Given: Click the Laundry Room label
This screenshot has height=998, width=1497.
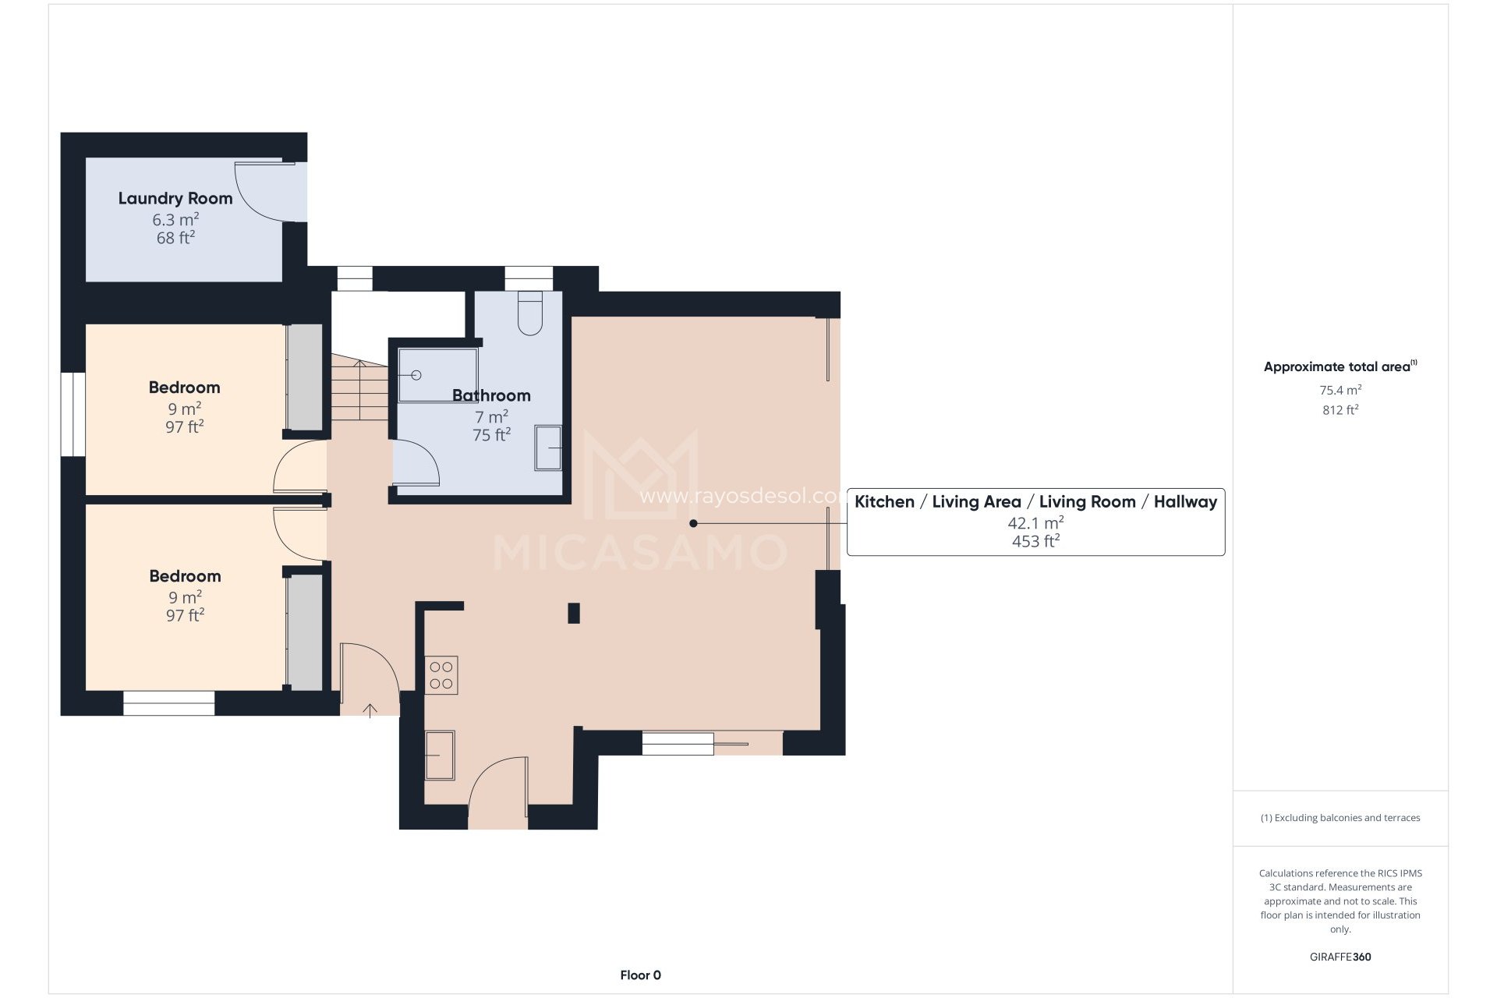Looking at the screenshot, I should tap(175, 199).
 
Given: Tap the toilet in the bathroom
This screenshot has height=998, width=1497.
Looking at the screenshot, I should tap(530, 314).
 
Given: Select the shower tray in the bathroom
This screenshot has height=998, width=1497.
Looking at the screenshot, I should tap(437, 375).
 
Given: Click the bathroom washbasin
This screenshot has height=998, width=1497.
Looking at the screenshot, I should tap(548, 448).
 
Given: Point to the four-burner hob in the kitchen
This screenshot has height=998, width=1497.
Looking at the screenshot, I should tap(441, 675).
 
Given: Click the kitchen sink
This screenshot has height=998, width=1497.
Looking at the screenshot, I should tap(440, 755).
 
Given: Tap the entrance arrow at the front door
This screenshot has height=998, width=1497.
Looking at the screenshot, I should tap(370, 710).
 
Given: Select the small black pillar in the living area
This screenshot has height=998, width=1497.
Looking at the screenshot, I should tap(574, 613).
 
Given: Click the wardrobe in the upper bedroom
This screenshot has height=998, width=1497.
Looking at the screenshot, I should tap(305, 377).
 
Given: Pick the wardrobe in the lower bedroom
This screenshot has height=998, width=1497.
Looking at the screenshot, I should tap(305, 632).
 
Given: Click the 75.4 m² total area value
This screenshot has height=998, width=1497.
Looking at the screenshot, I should tap(1340, 390).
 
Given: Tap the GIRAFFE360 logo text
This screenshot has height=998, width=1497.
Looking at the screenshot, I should tap(1340, 957).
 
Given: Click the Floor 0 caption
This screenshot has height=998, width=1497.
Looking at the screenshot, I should tap(640, 975).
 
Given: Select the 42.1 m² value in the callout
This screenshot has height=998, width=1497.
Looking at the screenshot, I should tap(1035, 522).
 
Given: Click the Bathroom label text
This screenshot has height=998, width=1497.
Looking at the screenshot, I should tap(491, 396).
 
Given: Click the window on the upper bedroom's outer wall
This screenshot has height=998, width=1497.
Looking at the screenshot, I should tap(73, 414).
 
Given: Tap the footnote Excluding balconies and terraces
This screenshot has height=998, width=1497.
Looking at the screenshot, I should tap(1340, 818).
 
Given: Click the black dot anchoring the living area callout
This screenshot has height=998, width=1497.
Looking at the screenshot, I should tap(693, 523).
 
